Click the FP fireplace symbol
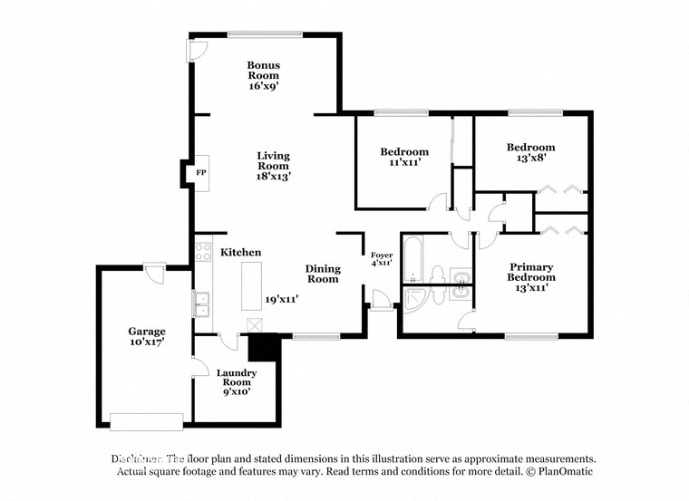click(x=200, y=172)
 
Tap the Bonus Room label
click(x=264, y=76)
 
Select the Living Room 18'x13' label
click(x=272, y=166)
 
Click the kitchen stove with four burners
click(x=202, y=251)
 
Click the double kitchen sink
click(x=202, y=304)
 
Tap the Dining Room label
click(x=322, y=274)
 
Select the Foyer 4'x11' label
click(x=381, y=259)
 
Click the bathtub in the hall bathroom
click(x=412, y=259)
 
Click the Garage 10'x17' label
click(x=146, y=337)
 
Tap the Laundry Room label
click(x=237, y=381)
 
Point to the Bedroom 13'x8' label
click(x=530, y=152)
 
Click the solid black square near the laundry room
click(x=263, y=347)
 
